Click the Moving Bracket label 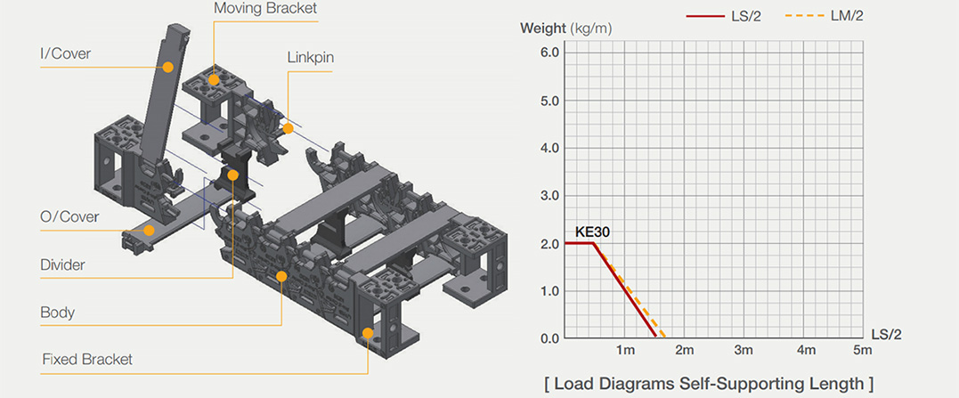coord(266,9)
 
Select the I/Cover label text coord(65,53)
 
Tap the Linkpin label coord(310,58)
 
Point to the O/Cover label coord(69,216)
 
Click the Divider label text coord(62,264)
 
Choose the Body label coord(58,313)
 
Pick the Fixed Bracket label coord(87,359)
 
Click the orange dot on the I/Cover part coord(168,67)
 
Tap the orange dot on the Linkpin coord(288,128)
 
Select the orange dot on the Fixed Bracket coord(368,333)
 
